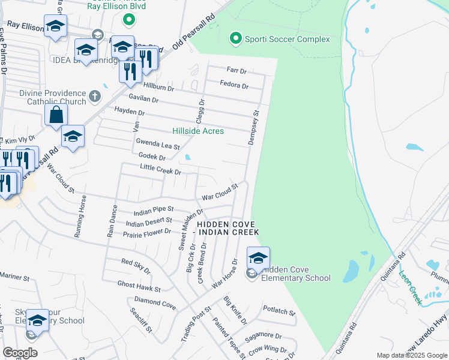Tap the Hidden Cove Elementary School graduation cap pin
tap(258, 258)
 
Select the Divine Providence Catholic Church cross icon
tap(95, 96)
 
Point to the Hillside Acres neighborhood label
tap(198, 131)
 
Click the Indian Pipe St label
tap(153, 210)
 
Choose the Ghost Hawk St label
tap(139, 286)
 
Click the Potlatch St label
tap(280, 310)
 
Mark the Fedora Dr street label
tap(234, 85)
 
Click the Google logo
tap(20, 353)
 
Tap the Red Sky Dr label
tap(135, 265)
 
